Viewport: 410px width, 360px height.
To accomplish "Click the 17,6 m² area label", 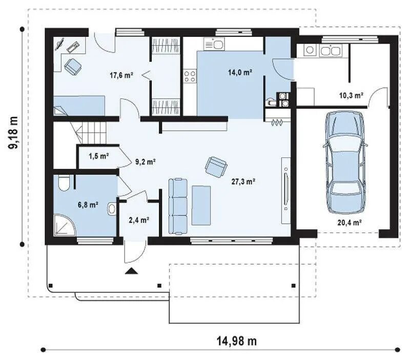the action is [x=121, y=75].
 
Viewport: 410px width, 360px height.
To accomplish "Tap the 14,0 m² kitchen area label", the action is [x=240, y=72].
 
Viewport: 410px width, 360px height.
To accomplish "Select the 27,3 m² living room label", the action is [x=243, y=182].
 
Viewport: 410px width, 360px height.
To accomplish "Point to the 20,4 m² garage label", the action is [x=350, y=223].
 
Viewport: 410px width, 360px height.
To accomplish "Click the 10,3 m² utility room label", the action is [x=351, y=95].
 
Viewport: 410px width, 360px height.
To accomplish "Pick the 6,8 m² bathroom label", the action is [x=88, y=205].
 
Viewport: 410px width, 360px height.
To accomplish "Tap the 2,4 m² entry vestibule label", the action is [x=139, y=220].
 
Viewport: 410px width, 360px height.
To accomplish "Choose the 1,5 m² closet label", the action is [x=98, y=156].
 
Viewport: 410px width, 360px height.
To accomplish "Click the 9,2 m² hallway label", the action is [x=146, y=162].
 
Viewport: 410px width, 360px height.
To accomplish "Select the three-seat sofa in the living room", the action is [x=178, y=206].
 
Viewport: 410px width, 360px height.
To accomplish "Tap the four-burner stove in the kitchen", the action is [x=190, y=76].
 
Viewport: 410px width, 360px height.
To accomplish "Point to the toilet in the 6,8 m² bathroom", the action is [x=64, y=183].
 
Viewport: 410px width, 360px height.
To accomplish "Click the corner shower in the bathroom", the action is [x=65, y=225].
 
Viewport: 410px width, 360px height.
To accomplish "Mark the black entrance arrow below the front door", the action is [x=131, y=271].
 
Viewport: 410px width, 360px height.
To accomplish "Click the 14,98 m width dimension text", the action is [x=237, y=341].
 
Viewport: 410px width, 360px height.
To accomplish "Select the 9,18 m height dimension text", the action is [x=13, y=132].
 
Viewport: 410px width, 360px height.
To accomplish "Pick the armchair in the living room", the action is [x=216, y=167].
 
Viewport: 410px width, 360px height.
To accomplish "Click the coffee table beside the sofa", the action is [x=201, y=205].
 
